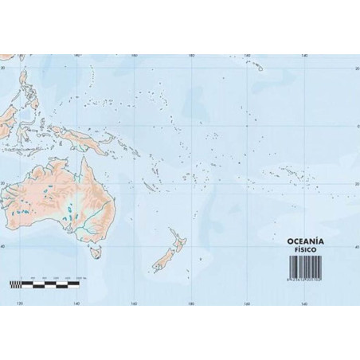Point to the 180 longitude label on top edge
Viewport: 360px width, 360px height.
pyautogui.click(x=191, y=56)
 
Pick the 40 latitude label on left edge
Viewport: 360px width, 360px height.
pyautogui.click(x=4, y=247)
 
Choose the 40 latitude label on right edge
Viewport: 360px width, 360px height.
pyautogui.click(x=356, y=247)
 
